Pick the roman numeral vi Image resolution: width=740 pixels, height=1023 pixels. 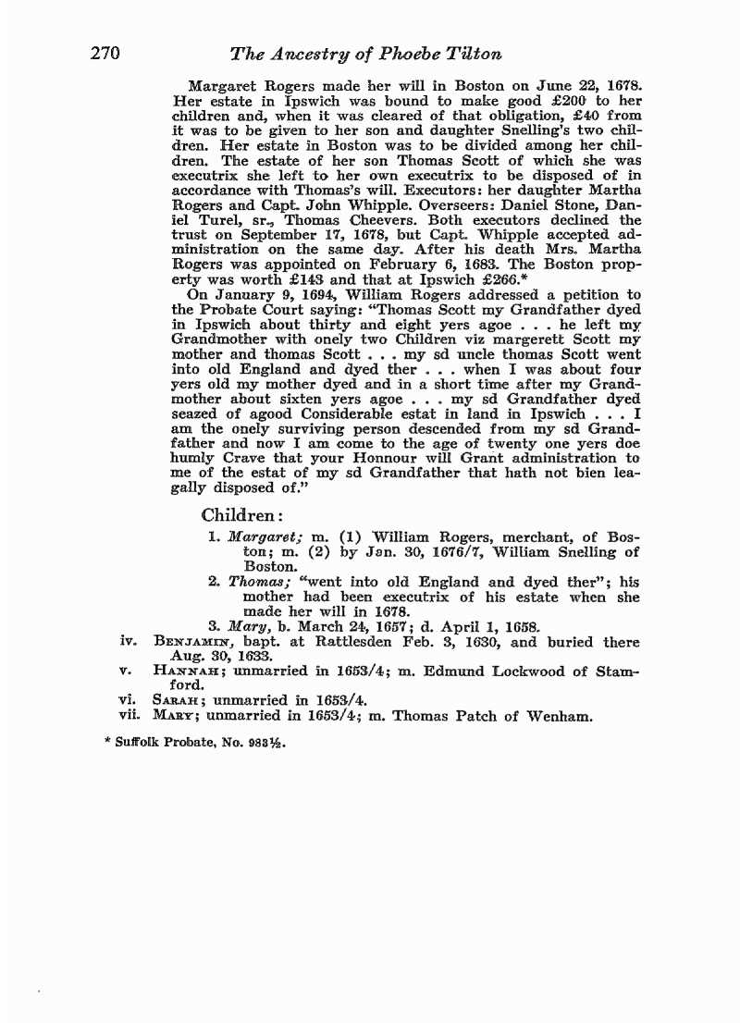(x=129, y=701)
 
